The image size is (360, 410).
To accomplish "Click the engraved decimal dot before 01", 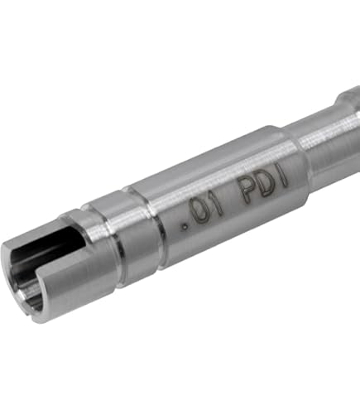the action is (185, 227).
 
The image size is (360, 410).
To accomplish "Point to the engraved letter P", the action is (247, 190).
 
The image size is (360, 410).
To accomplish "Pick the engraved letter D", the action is (265, 183).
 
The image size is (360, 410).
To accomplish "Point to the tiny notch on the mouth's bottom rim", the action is (26, 313).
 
